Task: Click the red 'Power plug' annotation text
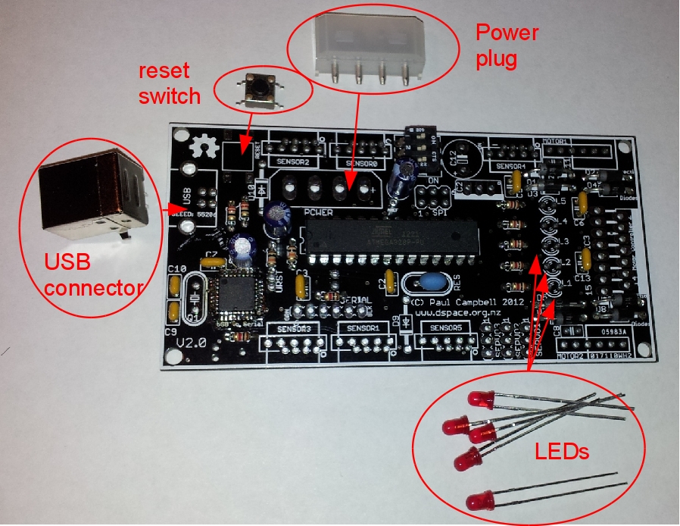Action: [506, 45]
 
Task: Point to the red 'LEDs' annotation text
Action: [562, 452]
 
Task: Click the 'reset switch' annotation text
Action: [169, 83]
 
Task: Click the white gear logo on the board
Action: [202, 147]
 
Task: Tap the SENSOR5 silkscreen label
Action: [449, 327]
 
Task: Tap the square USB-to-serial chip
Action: [236, 299]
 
